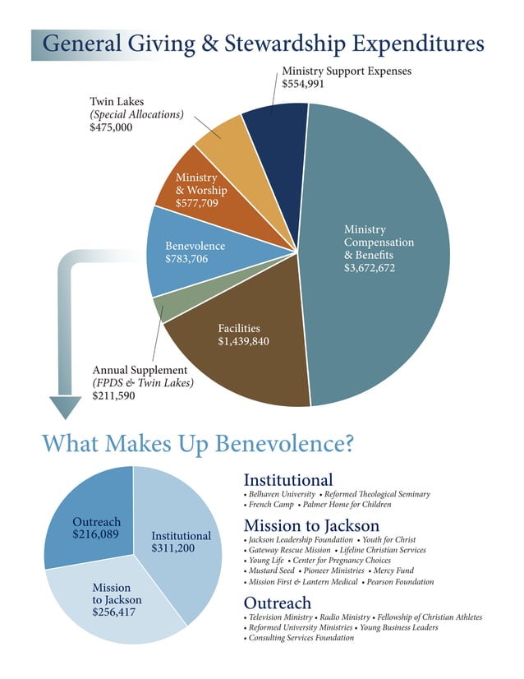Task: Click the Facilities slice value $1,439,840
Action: (243, 340)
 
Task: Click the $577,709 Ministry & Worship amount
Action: (196, 202)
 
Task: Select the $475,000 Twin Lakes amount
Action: (111, 128)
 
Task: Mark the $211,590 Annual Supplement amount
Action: (114, 395)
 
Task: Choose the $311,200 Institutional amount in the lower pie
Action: (180, 548)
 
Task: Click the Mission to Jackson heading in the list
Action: (311, 525)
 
